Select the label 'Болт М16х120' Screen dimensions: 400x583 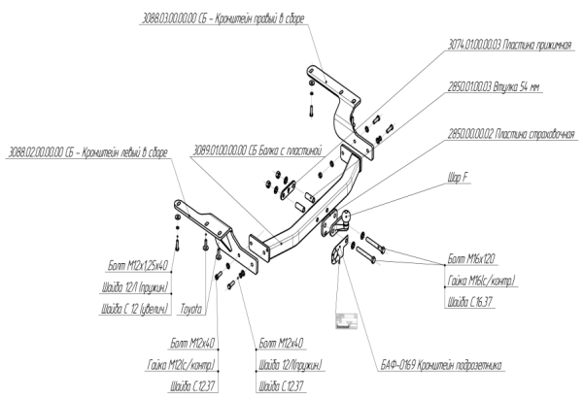pyautogui.click(x=472, y=260)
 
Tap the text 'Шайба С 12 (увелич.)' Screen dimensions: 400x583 pyautogui.click(x=136, y=310)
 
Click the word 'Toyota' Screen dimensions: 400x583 pyautogui.click(x=190, y=310)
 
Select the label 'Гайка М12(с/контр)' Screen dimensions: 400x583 pyautogui.click(x=178, y=366)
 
